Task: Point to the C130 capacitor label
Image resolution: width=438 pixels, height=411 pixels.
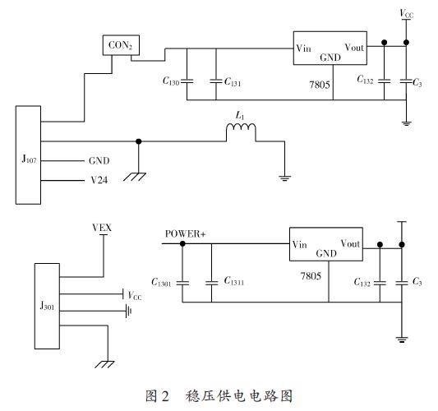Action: [171, 81]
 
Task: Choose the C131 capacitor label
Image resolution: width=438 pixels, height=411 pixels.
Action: [233, 82]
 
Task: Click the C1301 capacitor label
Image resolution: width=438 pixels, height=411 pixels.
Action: [161, 282]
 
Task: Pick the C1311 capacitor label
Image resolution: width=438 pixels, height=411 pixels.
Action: [234, 281]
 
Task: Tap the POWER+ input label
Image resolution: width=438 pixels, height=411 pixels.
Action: [185, 233]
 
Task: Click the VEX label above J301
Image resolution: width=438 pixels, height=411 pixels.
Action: [102, 228]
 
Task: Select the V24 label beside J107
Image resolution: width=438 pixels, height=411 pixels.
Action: [99, 180]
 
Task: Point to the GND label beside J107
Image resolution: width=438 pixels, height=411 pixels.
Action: [99, 160]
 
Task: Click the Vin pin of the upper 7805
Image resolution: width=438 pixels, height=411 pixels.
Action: [303, 48]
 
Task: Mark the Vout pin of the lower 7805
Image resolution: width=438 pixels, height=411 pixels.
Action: [350, 243]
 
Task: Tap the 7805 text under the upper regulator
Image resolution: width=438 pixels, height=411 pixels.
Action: [320, 85]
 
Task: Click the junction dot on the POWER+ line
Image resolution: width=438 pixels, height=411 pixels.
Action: [182, 243]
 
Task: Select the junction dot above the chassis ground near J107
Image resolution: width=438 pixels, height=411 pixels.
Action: [139, 141]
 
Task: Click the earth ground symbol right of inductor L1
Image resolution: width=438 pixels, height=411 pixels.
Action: [284, 178]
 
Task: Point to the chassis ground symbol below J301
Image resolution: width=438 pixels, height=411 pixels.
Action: [104, 364]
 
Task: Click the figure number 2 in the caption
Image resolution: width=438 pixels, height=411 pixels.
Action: [165, 396]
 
